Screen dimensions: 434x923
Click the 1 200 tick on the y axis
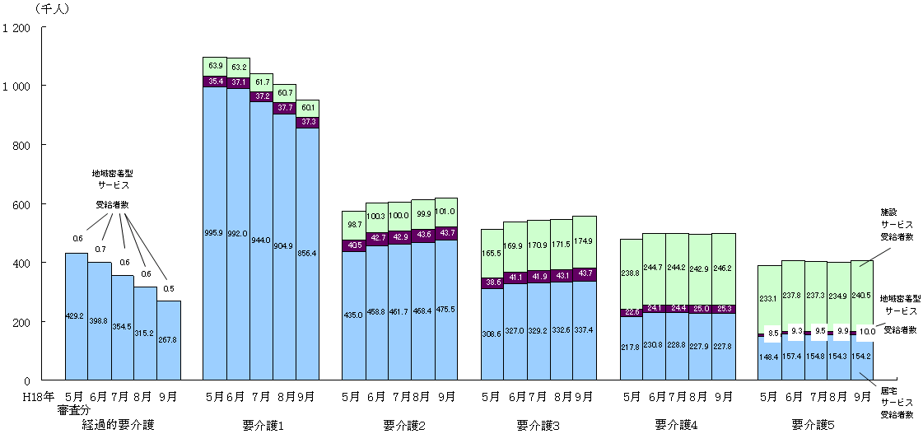[17, 28]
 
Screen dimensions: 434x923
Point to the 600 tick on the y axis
[21, 205]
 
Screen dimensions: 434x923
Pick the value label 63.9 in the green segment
[215, 65]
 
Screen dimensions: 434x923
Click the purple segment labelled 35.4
[215, 82]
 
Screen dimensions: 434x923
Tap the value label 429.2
[77, 315]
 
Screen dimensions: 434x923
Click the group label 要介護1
[263, 426]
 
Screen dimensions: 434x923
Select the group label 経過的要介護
[119, 426]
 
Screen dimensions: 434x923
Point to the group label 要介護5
[813, 426]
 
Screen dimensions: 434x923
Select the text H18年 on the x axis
[39, 397]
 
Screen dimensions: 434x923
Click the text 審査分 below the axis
[74, 410]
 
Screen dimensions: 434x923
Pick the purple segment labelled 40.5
[354, 245]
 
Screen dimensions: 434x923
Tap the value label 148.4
[768, 359]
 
